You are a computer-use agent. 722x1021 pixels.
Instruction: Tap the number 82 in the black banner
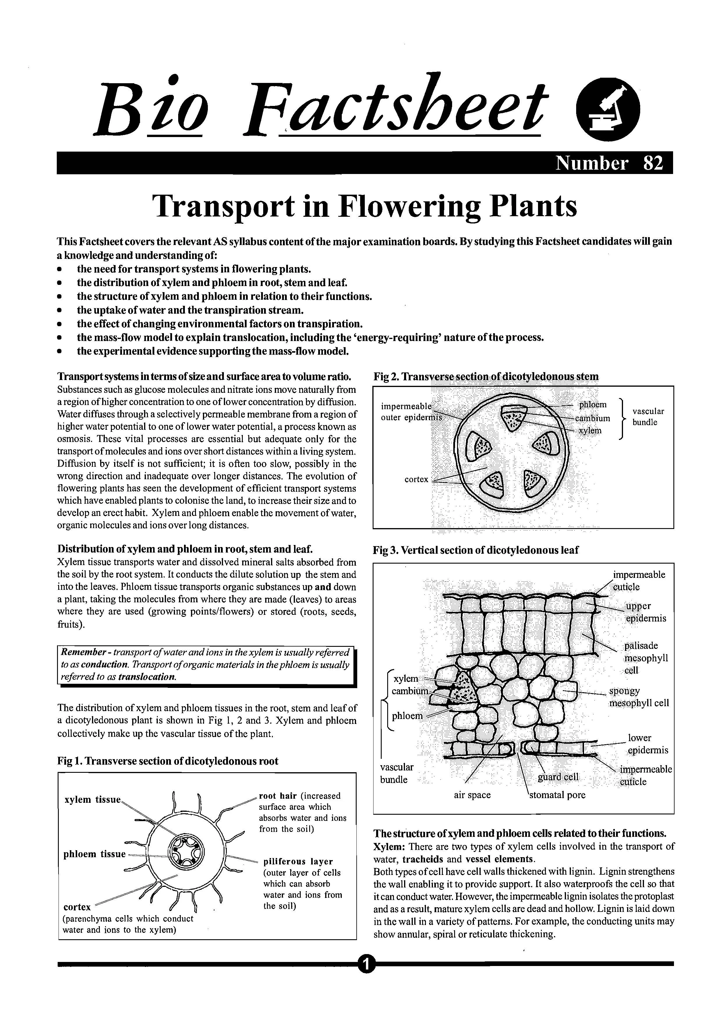(x=653, y=163)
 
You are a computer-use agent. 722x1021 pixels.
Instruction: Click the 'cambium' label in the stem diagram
(x=592, y=418)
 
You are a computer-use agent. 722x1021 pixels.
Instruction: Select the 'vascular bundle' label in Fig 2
(x=648, y=417)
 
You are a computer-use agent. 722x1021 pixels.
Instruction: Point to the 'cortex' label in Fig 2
(x=416, y=480)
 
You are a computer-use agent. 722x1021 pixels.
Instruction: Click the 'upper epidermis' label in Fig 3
(x=645, y=612)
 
